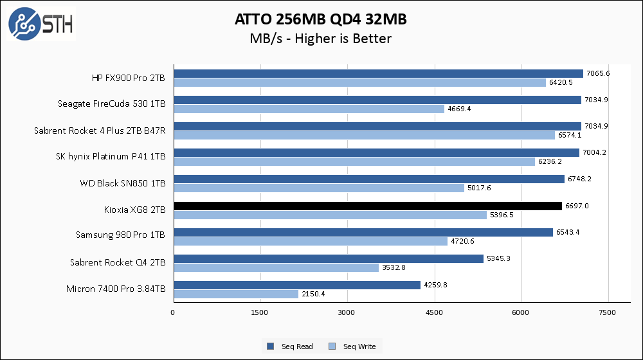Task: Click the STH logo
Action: (41, 24)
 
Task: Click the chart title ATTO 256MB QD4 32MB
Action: (321, 20)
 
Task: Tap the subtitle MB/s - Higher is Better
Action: (321, 39)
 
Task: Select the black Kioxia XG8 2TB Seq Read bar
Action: (367, 206)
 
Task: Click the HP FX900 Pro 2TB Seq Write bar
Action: (359, 82)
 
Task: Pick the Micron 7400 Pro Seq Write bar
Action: (235, 294)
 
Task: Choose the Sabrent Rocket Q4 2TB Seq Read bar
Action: (328, 258)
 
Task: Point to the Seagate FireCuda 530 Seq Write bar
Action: (309, 109)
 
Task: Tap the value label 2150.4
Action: (313, 294)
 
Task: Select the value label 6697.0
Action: (576, 206)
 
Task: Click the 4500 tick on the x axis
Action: (434, 312)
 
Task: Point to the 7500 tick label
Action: (608, 312)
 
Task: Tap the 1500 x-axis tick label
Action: (260, 312)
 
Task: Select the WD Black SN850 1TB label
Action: (122, 183)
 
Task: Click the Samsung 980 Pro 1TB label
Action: (121, 236)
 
